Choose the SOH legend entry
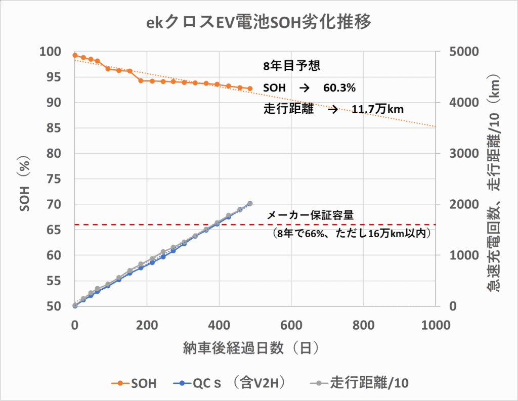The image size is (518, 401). tap(134, 383)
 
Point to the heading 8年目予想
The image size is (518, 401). tap(291, 66)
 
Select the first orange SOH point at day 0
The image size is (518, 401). tap(75, 55)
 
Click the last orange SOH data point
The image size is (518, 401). tap(250, 88)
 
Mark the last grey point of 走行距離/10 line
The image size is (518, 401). tap(250, 204)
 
